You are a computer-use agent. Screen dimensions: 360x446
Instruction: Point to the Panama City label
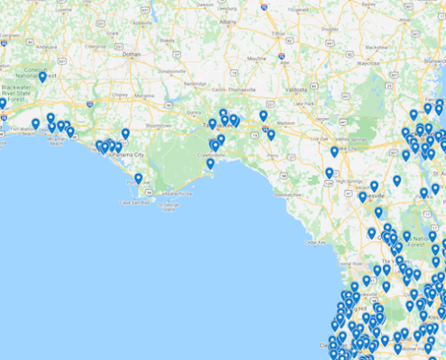tap(126, 155)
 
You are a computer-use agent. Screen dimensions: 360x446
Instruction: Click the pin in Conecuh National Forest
tap(42, 77)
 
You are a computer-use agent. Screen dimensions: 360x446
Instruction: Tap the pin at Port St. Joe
tap(138, 179)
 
